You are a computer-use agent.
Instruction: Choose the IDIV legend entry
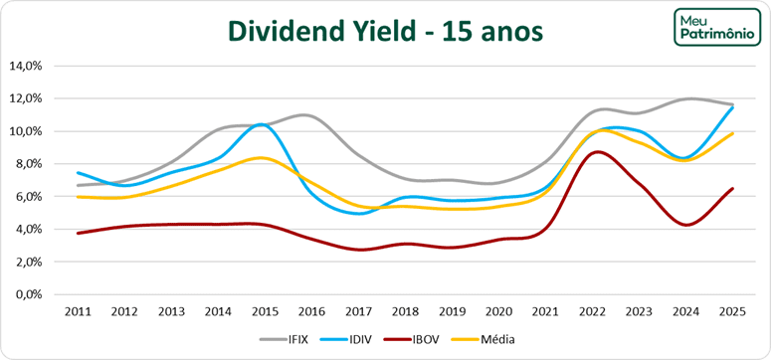pos(374,339)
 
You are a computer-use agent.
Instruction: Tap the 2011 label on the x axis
pos(79,311)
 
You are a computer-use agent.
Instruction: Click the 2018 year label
pos(406,311)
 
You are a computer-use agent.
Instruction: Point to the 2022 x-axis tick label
pos(594,311)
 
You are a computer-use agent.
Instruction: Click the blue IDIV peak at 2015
pos(261,124)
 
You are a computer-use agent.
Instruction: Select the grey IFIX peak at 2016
pos(306,116)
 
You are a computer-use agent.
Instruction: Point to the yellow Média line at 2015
pos(260,158)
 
